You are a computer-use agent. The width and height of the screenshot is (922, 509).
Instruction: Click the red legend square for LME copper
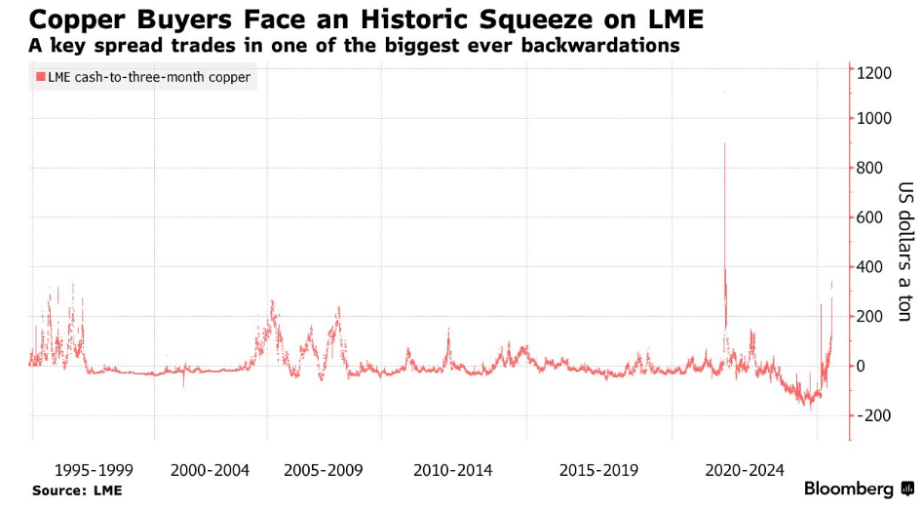point(40,77)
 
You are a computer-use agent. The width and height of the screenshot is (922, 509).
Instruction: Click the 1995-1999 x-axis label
point(94,470)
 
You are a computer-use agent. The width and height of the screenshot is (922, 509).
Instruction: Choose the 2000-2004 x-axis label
point(210,470)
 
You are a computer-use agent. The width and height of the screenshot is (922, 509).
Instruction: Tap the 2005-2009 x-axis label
point(324,470)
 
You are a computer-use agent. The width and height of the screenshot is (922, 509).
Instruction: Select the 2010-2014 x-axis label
point(453,470)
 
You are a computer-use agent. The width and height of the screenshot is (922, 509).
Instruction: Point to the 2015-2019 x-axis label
point(599,470)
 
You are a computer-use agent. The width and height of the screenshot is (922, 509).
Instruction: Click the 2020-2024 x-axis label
point(745,470)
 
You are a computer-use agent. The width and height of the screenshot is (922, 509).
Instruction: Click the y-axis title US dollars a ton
point(905,251)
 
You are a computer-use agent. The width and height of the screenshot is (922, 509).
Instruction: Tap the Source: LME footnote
point(77,490)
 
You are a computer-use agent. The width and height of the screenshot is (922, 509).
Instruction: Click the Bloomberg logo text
point(848,489)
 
